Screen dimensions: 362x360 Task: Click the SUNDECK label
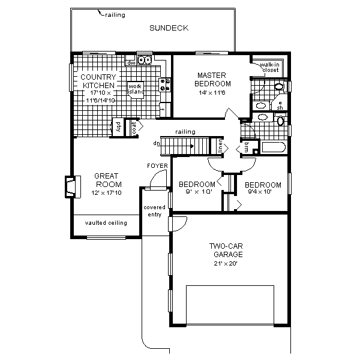pyautogui.click(x=169, y=28)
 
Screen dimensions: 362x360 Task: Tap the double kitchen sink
pyautogui.click(x=144, y=60)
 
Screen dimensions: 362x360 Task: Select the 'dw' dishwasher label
pyautogui.click(x=130, y=62)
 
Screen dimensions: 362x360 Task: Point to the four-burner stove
pyautogui.click(x=164, y=85)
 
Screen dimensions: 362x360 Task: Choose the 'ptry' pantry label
pyautogui.click(x=118, y=127)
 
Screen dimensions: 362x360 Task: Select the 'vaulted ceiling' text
pyautogui.click(x=106, y=223)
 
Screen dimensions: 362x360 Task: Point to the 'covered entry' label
pyautogui.click(x=154, y=211)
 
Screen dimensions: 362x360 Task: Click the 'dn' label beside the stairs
pyautogui.click(x=157, y=143)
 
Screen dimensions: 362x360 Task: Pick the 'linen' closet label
pyautogui.click(x=220, y=146)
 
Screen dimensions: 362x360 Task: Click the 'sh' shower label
pyautogui.click(x=280, y=108)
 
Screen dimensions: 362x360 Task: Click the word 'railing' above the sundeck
pyautogui.click(x=115, y=15)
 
